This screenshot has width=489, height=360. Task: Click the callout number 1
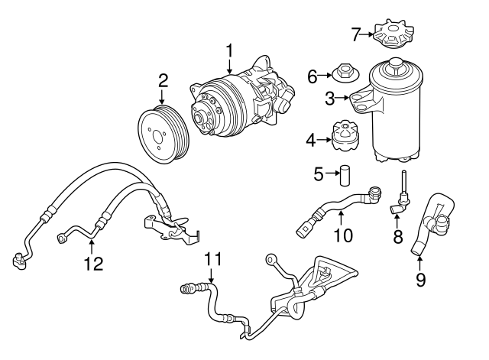pyautogui.click(x=228, y=52)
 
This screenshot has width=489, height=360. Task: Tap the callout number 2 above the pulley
pyautogui.click(x=162, y=80)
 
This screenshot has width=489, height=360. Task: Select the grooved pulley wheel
pyautogui.click(x=164, y=133)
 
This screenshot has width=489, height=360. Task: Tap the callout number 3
pyautogui.click(x=329, y=97)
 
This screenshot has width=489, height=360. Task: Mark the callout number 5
pyautogui.click(x=318, y=173)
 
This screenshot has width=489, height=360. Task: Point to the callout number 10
pyautogui.click(x=343, y=235)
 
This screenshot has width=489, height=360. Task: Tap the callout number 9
pyautogui.click(x=420, y=280)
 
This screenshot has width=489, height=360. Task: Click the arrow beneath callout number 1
pyautogui.click(x=228, y=68)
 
